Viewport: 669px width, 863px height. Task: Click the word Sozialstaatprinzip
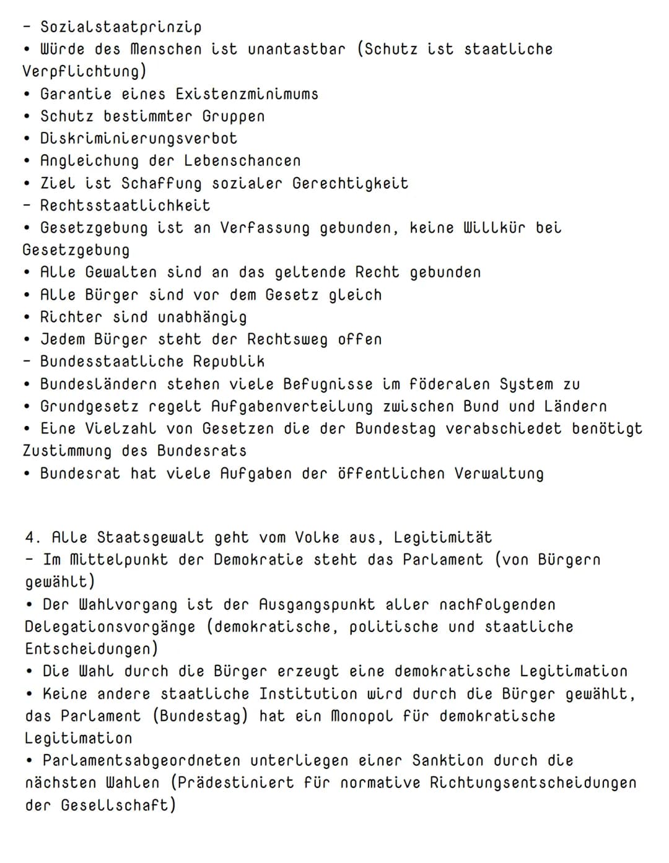tap(121, 27)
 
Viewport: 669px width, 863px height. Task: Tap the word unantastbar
tap(296, 50)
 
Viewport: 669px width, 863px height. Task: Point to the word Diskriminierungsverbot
tap(139, 139)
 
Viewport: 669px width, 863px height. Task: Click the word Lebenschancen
tap(242, 161)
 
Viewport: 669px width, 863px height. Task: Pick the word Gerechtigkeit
tap(350, 183)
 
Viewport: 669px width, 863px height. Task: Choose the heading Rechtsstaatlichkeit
tap(125, 206)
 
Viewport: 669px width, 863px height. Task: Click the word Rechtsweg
tap(287, 339)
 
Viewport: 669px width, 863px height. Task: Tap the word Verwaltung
tap(499, 474)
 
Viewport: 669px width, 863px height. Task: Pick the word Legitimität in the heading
tap(442, 537)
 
